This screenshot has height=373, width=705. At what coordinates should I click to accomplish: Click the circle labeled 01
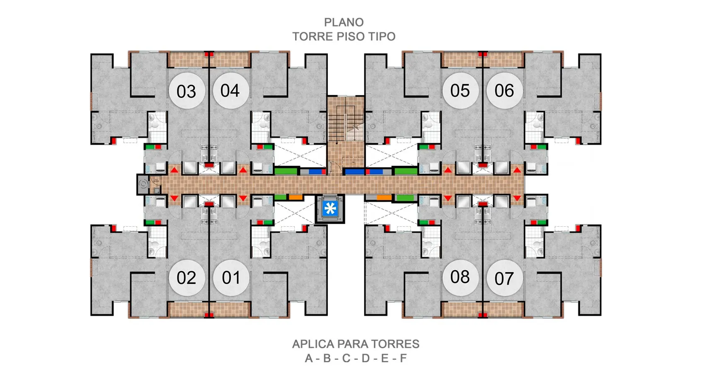[x=231, y=278]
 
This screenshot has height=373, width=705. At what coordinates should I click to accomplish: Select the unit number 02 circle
[x=187, y=278]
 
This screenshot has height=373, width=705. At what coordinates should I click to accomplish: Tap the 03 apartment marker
[x=187, y=91]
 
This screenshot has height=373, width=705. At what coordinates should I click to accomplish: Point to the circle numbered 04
[x=231, y=91]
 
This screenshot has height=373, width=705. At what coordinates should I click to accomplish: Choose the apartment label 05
[x=460, y=91]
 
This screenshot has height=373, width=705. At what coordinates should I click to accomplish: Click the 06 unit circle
[x=504, y=91]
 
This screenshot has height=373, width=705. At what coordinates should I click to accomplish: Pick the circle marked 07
[x=504, y=278]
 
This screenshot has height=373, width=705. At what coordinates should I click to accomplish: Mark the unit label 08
[x=460, y=277]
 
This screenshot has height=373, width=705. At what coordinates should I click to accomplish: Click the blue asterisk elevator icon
[x=330, y=208]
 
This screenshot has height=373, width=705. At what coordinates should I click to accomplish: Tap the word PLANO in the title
[x=344, y=22]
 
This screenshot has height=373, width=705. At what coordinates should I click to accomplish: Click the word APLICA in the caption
[x=313, y=344]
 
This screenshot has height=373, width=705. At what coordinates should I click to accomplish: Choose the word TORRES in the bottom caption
[x=395, y=344]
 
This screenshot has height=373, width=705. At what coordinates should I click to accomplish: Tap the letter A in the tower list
[x=309, y=358]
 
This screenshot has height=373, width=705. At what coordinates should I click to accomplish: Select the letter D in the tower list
[x=366, y=358]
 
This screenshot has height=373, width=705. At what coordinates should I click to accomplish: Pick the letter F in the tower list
[x=403, y=358]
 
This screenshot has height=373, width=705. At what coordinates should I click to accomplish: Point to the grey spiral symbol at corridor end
[x=143, y=184]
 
